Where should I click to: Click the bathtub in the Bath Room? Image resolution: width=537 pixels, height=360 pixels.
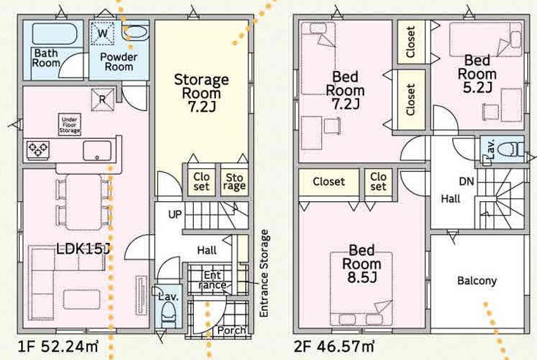pos(55,33)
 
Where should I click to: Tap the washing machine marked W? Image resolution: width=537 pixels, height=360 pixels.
pos(102,33)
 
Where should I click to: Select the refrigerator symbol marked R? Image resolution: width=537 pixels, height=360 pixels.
pos(102,100)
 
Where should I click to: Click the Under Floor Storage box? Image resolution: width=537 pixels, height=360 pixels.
pos(70,124)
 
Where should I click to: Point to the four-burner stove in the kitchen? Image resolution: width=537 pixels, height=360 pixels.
pos(37,151)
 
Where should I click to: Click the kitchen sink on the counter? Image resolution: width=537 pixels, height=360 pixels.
pos(97,151)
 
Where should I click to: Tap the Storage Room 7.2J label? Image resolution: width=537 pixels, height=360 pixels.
pos(201,93)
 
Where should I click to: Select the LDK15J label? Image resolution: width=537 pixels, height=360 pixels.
pos(82,249)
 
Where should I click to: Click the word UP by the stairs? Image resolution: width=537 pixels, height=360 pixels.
pos(175,214)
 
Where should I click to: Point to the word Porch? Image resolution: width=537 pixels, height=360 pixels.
pos(231,330)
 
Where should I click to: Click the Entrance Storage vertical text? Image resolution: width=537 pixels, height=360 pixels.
pos(263,274)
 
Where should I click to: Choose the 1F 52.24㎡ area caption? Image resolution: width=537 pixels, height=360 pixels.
pos(58,347)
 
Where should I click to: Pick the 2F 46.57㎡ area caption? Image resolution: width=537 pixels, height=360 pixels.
pos(334,347)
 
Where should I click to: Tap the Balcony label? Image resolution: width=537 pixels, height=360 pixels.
pos(477,281)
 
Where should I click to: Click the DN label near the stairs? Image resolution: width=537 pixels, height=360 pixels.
pos(467,181)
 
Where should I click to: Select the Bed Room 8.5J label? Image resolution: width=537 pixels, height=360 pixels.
pos(361,263)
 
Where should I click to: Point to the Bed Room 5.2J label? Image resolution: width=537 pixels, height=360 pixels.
pos(477,74)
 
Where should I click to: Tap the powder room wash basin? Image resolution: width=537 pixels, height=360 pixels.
pos(135,32)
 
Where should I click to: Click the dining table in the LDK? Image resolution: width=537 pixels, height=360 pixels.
pos(83,202)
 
